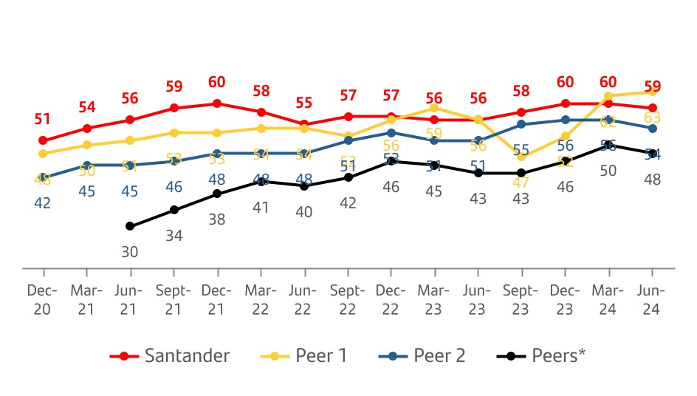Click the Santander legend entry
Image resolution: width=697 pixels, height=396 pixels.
tap(171, 355)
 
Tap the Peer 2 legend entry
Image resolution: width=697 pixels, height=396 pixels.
tap(424, 355)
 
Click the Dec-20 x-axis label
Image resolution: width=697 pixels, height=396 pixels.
tap(43, 300)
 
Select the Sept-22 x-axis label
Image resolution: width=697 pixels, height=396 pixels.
tap(348, 300)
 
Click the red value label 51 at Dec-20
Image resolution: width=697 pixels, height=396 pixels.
tap(43, 119)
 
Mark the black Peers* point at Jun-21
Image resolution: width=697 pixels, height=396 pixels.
tap(130, 226)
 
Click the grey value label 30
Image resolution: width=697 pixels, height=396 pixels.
tap(130, 251)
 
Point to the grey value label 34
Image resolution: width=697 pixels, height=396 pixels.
tap(174, 236)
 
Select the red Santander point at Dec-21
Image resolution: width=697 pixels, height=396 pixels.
tap(217, 103)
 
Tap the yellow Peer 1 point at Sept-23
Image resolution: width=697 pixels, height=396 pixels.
tap(522, 157)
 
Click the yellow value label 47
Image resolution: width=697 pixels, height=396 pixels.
tap(522, 182)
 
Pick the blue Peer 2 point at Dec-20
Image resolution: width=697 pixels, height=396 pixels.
tap(43, 178)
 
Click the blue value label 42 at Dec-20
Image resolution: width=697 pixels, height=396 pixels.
tap(43, 202)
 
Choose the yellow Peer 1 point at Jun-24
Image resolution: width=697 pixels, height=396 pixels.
tap(653, 92)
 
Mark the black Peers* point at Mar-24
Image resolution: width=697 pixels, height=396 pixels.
tap(609, 146)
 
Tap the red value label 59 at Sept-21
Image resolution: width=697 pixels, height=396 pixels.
tap(174, 86)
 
